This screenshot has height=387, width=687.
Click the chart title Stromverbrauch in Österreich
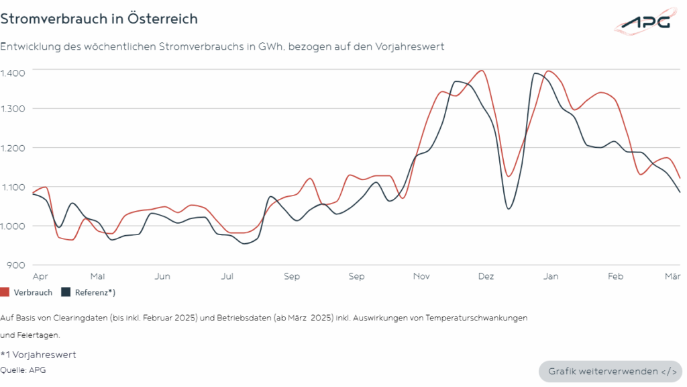pos(99,19)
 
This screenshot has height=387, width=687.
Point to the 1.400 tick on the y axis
pos(13,73)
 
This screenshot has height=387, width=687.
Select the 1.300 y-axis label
pos(13,109)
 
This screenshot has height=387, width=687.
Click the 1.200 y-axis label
pos(13,148)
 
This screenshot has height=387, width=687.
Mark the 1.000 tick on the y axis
pos(13,226)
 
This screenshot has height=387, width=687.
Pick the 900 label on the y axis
pos(16,265)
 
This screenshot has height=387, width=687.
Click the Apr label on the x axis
pos(40,276)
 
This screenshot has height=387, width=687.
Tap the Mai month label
pos(97,276)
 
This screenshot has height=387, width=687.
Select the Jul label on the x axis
pos(227,276)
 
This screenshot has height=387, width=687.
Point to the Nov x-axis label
pos(421,276)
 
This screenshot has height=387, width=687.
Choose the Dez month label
pos(486,276)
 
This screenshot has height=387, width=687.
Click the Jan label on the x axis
pos(551,276)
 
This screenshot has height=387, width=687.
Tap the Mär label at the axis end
pos(673,276)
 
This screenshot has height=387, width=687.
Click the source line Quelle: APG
pos(23,370)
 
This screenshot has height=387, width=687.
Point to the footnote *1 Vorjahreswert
pos(38,355)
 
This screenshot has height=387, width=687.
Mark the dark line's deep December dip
pos(509,208)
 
